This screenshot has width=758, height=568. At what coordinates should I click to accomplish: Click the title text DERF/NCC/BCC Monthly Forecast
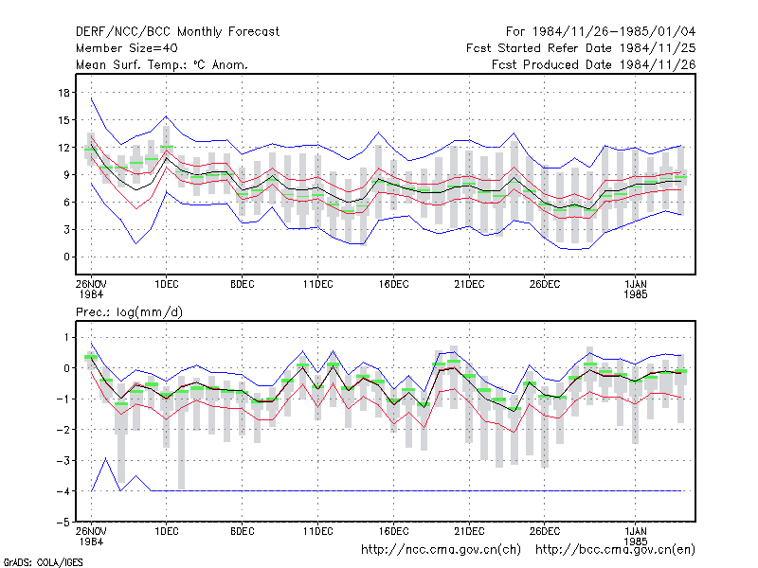(x=177, y=32)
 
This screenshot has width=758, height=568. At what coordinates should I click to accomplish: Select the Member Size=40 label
(x=127, y=48)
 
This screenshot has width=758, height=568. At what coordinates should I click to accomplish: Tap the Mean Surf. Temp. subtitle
(x=162, y=64)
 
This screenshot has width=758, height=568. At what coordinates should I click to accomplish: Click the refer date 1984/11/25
(x=658, y=48)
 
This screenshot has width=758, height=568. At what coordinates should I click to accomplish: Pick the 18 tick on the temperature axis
(x=63, y=93)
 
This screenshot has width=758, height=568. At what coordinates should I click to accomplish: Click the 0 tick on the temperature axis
(x=66, y=257)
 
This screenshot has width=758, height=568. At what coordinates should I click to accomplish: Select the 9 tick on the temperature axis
(x=66, y=175)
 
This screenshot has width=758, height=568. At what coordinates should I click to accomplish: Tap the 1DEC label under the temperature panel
(x=167, y=285)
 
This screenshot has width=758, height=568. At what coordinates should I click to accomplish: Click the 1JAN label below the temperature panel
(x=635, y=285)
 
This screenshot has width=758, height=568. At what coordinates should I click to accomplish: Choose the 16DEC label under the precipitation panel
(x=393, y=531)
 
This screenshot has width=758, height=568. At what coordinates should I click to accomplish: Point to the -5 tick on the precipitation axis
(x=63, y=523)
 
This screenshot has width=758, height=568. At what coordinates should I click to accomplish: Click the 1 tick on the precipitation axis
(x=66, y=337)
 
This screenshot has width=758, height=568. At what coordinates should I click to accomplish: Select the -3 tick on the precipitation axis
(x=63, y=460)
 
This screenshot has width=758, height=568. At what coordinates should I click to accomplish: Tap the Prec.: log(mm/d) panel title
(x=129, y=312)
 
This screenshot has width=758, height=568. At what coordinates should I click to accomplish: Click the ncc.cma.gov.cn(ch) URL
(x=441, y=550)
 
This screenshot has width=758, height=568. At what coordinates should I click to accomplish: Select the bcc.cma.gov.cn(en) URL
(x=615, y=550)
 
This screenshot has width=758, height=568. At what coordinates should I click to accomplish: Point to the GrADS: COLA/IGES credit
(x=43, y=562)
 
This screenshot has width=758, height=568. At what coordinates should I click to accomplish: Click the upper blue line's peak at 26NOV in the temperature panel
(x=91, y=98)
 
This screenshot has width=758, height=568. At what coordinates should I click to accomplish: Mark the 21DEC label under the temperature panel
(x=469, y=285)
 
